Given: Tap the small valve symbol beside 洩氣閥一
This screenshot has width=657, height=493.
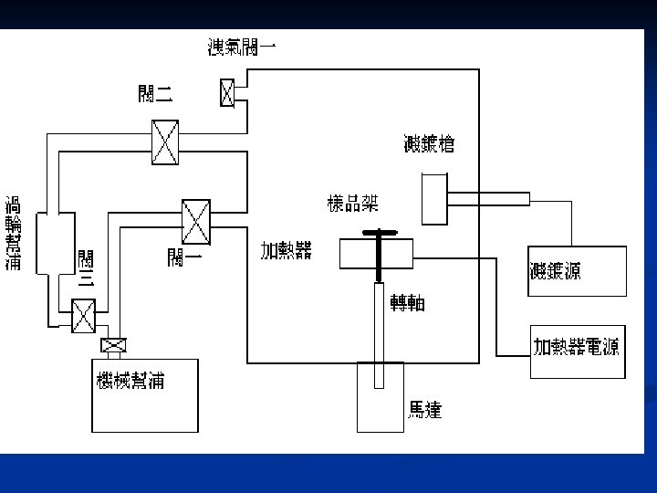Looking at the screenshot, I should click(x=227, y=92).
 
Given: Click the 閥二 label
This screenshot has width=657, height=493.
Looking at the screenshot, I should click(x=155, y=93).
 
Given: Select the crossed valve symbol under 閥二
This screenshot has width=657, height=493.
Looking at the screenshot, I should click(x=165, y=142).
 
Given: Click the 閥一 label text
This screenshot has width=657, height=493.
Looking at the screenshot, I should click(x=184, y=257).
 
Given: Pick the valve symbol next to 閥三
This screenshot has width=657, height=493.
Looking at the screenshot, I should click(x=84, y=317).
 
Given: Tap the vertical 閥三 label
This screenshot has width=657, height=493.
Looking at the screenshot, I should click(x=86, y=268).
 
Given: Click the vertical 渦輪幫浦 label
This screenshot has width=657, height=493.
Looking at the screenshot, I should click(x=15, y=233).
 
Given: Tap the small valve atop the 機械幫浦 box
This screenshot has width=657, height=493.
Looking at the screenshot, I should click(x=114, y=345).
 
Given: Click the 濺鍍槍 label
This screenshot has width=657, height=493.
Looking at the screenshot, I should click(x=429, y=143).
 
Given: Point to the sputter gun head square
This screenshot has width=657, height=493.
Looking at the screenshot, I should click(x=434, y=198).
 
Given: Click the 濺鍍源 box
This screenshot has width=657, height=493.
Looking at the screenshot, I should click(x=577, y=271).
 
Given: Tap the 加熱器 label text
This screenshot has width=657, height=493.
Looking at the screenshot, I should click(x=286, y=250).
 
